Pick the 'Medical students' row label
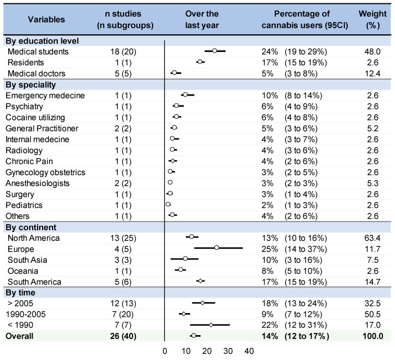(38, 51)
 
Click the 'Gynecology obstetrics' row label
(45, 172)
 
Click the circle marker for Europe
(217, 248)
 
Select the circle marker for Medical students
(214, 51)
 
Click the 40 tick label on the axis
(249, 351)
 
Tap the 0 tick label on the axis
(165, 351)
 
